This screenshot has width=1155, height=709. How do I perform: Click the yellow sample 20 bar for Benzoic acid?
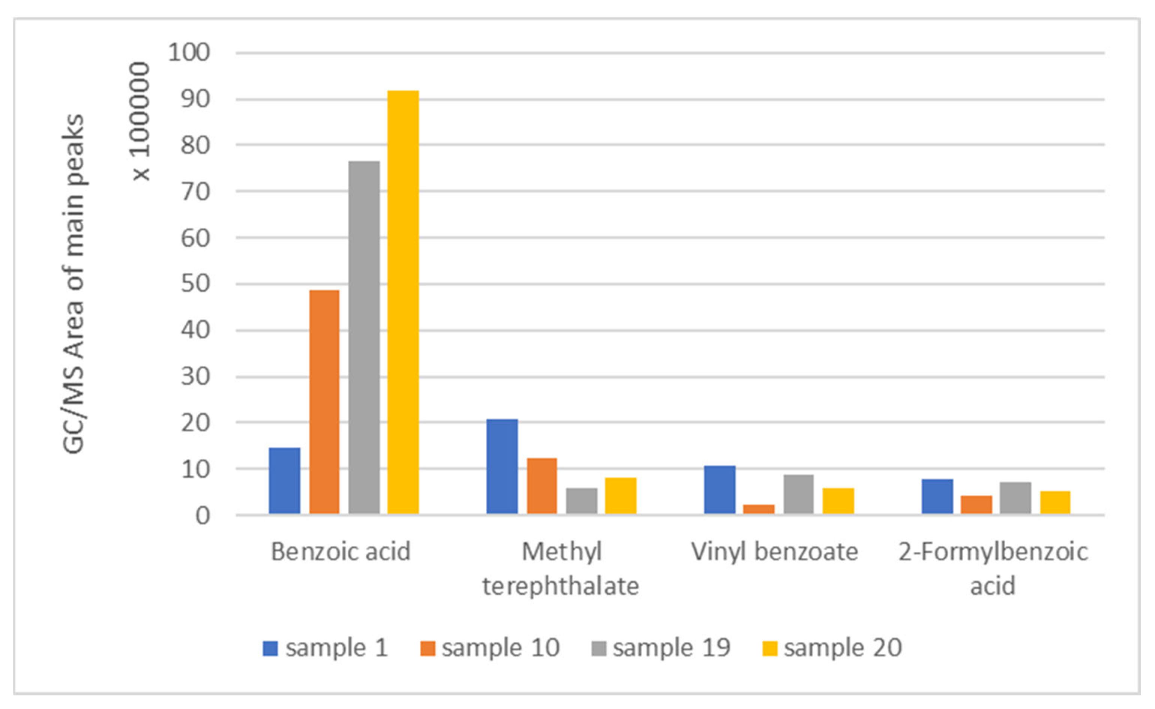click(403, 303)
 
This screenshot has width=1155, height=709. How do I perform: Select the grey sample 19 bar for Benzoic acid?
click(364, 337)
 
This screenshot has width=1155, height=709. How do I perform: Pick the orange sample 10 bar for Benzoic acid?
click(324, 402)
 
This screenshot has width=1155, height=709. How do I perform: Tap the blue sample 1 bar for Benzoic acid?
click(284, 481)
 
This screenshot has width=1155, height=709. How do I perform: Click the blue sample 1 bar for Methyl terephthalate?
click(502, 466)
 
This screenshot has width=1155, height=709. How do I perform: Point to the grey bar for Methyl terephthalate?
click(582, 501)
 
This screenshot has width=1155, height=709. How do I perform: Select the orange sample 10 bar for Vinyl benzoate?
click(758, 509)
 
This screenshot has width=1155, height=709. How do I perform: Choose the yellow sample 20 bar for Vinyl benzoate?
click(838, 501)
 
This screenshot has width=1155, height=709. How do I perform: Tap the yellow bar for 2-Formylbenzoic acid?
click(1056, 503)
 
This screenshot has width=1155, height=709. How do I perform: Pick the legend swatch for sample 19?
click(599, 649)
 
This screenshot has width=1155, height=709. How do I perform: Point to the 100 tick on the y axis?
click(189, 52)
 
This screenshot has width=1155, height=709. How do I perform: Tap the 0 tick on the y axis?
click(203, 516)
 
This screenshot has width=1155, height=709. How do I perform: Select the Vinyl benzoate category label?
click(775, 552)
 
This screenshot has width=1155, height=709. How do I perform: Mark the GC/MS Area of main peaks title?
click(73, 284)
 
